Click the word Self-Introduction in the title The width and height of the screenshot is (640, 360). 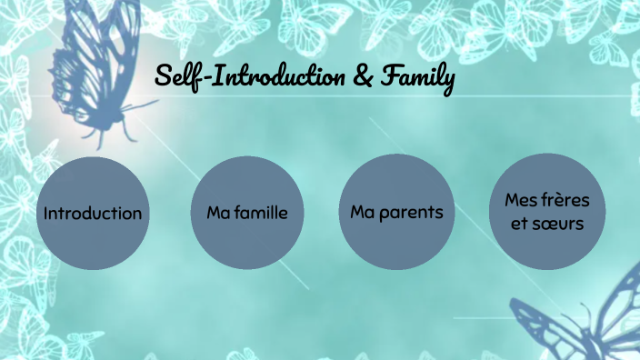[x=249, y=78]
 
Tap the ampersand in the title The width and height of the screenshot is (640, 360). [x=362, y=78]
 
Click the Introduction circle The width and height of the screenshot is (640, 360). [x=93, y=214]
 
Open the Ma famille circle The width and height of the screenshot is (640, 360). [x=247, y=214]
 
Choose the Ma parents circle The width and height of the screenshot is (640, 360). [x=396, y=212]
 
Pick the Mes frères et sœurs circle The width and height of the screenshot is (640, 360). [x=547, y=212]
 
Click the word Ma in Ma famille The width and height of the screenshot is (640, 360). [x=216, y=214]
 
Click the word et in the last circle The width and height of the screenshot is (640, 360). [x=519, y=224]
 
